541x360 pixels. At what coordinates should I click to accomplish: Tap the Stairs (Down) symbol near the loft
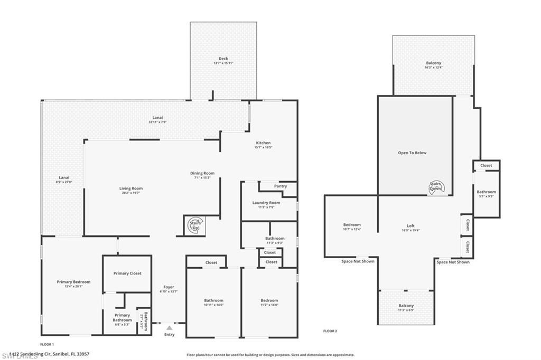click(436, 186)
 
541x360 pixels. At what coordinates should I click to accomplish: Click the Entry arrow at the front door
click(169, 328)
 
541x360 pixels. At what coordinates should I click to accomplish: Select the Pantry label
click(281, 186)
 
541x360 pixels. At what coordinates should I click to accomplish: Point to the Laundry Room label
click(266, 203)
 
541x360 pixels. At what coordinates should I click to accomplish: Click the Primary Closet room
click(127, 273)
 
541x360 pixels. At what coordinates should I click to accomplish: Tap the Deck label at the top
click(223, 59)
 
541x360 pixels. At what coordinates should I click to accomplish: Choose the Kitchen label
click(263, 143)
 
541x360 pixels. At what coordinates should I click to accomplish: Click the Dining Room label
click(202, 173)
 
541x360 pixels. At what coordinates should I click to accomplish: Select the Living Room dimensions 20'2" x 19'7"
click(130, 193)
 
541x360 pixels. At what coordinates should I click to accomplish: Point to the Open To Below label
click(412, 153)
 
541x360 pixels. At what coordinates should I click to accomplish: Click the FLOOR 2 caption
click(330, 331)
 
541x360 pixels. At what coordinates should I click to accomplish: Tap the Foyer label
click(169, 287)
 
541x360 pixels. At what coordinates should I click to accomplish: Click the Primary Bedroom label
click(73, 282)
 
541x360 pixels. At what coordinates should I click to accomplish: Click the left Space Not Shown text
click(358, 261)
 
